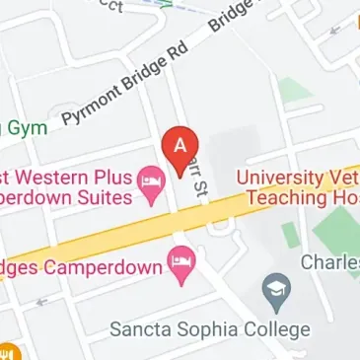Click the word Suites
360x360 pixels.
coord(102,197)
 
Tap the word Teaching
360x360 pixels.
coord(288,197)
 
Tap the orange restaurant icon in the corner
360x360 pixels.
coord(6,352)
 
